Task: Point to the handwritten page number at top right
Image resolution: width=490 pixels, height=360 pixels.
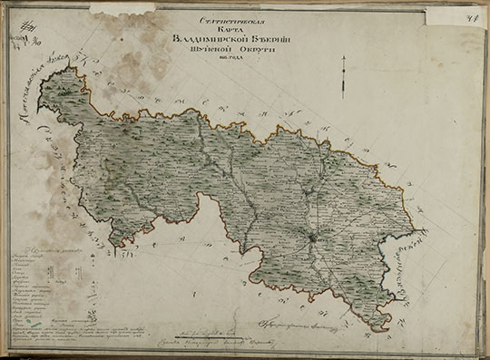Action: coord(474,11)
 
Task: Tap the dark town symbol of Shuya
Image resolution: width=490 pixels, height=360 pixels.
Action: coord(310,238)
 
